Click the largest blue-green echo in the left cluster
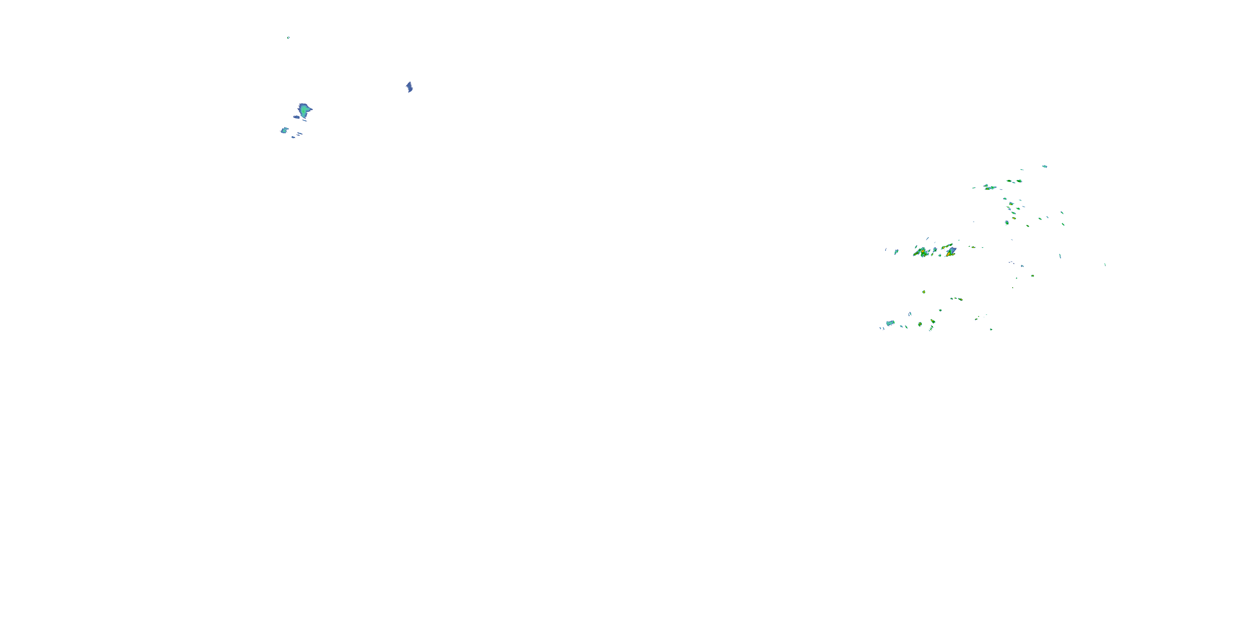coord(303,110)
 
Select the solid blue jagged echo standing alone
coord(409,87)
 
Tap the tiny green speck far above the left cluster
coord(288,37)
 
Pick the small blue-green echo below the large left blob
coord(284,130)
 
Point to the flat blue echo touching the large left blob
coord(297,117)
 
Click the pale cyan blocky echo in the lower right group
coord(890,323)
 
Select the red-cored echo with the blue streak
coord(950,251)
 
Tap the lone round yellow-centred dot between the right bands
coord(924,292)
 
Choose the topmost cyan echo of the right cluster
coord(1044,166)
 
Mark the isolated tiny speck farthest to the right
coord(1105,265)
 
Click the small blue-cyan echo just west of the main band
coord(896,251)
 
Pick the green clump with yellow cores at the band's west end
coord(921,252)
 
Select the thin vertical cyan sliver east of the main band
coord(1060,256)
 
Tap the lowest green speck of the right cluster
coord(991,329)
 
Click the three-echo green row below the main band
coord(957,299)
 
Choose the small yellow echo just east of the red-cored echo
coord(973,247)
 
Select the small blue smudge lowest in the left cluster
coord(293,137)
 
